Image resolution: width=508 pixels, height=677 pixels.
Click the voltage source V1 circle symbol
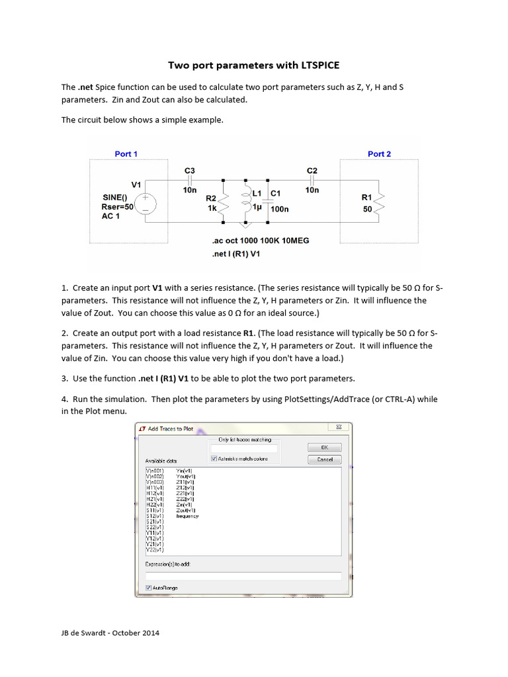145,202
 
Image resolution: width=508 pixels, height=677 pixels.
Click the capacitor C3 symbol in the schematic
189,179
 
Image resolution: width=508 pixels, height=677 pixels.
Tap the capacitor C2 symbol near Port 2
312,179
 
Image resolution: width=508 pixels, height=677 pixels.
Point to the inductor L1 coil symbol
247,198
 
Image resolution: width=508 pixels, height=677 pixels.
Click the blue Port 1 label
126,154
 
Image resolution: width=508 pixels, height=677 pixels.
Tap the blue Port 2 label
379,154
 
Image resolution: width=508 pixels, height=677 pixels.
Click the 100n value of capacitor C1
279,209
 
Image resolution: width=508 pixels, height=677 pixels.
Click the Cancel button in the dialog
325,459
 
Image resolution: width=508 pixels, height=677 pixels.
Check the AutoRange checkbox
148,587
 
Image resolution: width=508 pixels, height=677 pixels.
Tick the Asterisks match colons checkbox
214,458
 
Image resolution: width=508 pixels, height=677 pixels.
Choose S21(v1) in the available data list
154,522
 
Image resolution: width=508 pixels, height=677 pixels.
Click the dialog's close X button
339,428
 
